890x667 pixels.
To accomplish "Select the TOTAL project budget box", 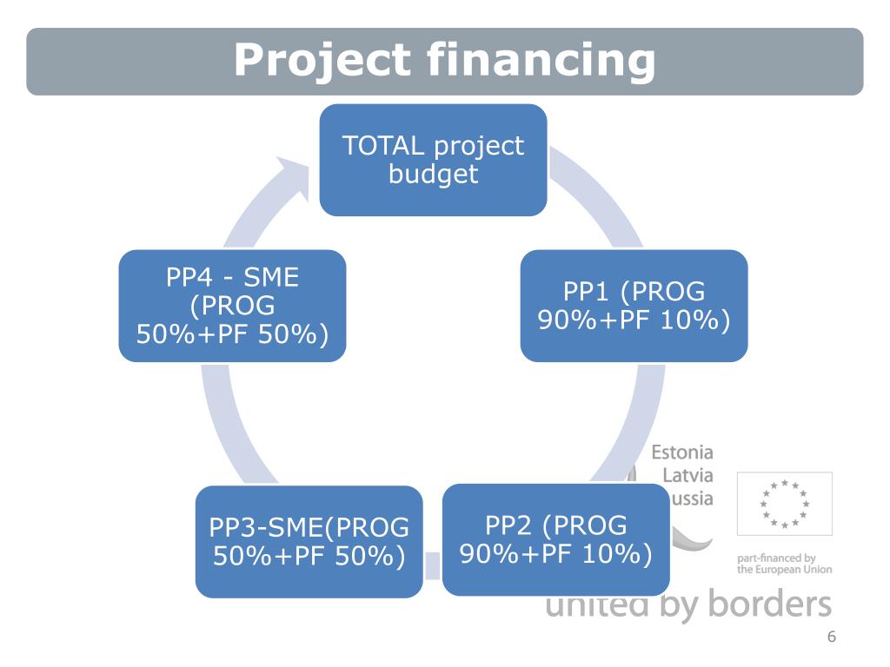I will click(x=433, y=160).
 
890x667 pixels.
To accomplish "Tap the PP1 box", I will click(x=634, y=306).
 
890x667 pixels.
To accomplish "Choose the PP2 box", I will click(x=555, y=539).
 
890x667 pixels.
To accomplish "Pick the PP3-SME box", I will click(x=309, y=541).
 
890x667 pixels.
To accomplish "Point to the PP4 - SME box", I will click(x=232, y=306).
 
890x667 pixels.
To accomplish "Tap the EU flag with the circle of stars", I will click(x=784, y=504).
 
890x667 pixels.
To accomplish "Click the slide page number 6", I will click(x=831, y=637).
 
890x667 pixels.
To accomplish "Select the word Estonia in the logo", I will click(x=682, y=452).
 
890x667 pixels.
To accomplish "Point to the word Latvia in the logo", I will click(x=687, y=475).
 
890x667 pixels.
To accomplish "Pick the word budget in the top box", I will click(x=433, y=174).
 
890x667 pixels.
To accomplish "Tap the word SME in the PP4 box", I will click(x=271, y=278).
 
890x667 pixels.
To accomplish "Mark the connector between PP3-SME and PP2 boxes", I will click(x=432, y=565).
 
